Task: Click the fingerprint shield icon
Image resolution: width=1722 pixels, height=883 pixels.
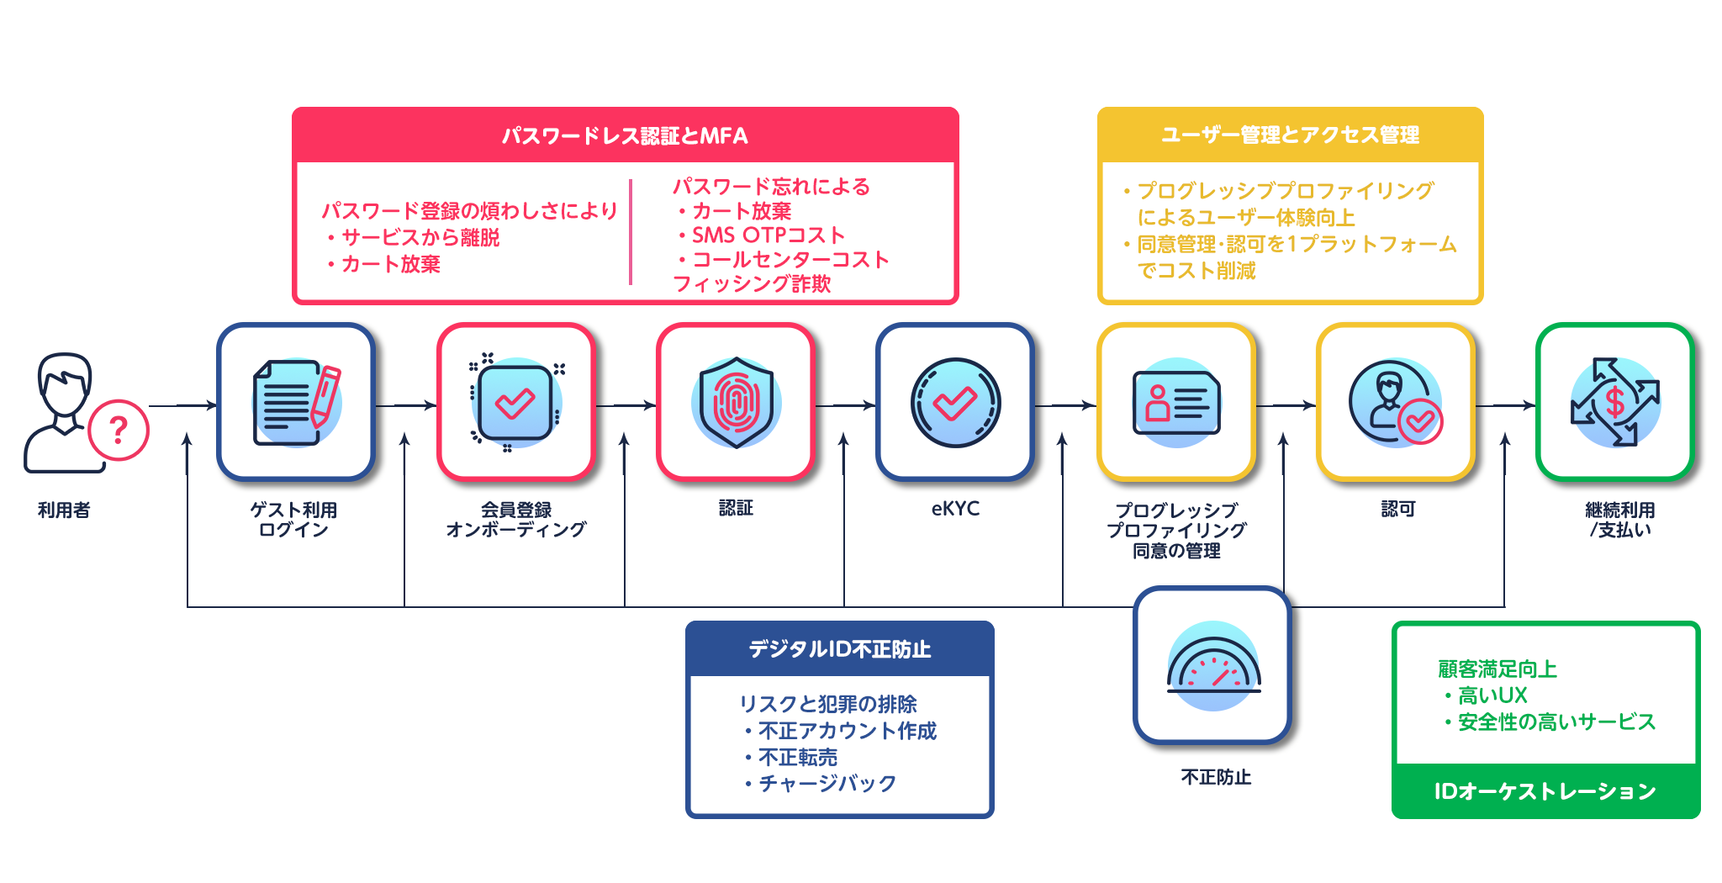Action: (x=736, y=403)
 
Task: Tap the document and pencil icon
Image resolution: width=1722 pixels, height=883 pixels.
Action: (x=296, y=403)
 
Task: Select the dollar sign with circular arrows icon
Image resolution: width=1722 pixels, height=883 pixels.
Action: (x=1614, y=403)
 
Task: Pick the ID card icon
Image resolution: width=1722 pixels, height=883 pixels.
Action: (x=1176, y=403)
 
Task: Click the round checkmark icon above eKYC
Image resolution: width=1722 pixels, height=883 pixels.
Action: (x=955, y=403)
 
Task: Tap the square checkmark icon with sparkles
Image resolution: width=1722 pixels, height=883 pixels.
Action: (x=515, y=403)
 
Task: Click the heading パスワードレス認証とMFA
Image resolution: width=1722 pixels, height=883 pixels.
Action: (x=625, y=135)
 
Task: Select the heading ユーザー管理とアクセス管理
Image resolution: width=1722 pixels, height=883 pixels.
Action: (x=1290, y=135)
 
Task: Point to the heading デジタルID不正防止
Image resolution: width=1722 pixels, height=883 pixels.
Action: (x=839, y=648)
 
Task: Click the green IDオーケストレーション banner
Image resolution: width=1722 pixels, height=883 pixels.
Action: (x=1545, y=791)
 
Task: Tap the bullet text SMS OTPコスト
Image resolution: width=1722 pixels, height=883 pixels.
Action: (x=768, y=235)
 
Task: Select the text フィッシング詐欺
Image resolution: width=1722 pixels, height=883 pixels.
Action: (x=752, y=284)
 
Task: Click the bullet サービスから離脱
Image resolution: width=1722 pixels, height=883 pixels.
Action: (x=420, y=238)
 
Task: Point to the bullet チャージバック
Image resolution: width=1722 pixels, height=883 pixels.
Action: (x=827, y=784)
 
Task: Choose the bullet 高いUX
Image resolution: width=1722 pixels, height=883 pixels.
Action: (x=1492, y=695)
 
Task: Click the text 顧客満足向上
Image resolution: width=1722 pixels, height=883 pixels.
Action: (x=1498, y=669)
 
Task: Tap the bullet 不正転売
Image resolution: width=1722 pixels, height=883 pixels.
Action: (x=797, y=758)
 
